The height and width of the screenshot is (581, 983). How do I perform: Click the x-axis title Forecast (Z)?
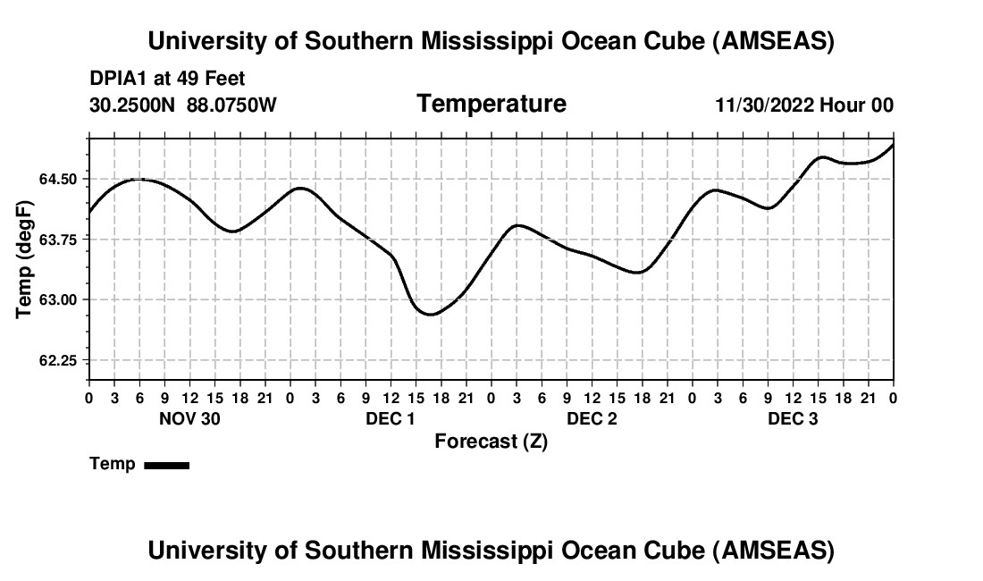491,442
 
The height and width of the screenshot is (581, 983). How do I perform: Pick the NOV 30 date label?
189,419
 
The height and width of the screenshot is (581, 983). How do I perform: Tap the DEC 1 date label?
391,419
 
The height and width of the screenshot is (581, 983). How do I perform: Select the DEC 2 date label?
592,419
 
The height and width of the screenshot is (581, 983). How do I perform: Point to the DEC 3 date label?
793,419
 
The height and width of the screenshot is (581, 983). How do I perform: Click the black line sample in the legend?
167,465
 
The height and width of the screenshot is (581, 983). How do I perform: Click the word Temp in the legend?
113,465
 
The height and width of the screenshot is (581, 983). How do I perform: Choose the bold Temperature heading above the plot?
491,104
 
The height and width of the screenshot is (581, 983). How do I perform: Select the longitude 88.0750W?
231,105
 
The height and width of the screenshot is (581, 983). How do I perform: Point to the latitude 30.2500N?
133,105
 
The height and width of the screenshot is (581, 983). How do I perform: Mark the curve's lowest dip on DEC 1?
430,314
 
